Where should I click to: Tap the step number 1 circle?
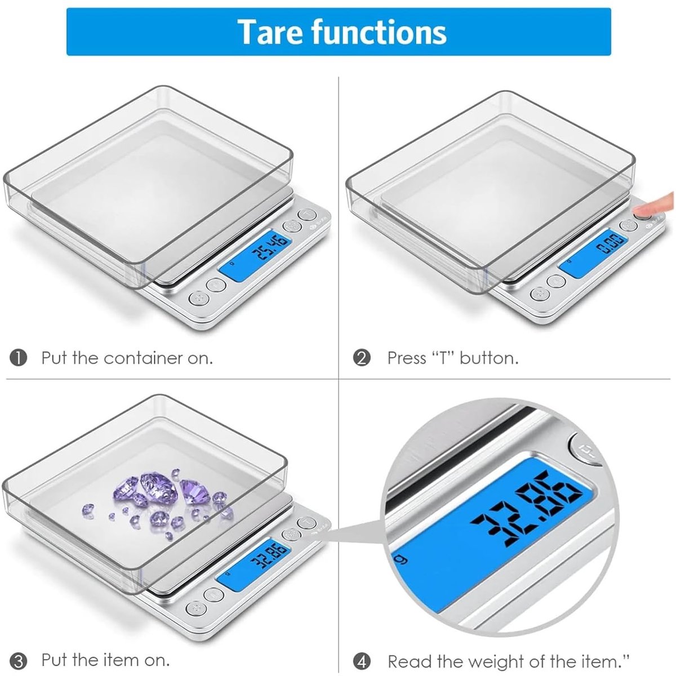point(19,358)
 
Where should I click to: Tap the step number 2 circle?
point(362,358)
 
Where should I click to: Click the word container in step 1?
point(144,358)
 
